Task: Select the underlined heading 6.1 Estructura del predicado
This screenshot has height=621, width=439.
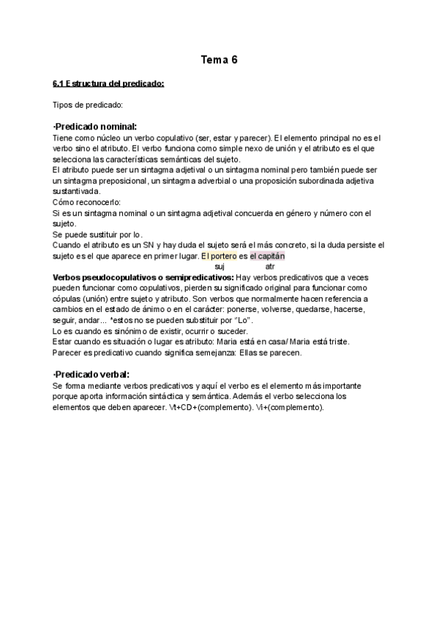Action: coord(108,83)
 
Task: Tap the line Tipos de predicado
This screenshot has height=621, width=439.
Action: coord(88,105)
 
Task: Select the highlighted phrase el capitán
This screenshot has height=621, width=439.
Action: coord(266,256)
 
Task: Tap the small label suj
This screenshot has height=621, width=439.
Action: coord(219,267)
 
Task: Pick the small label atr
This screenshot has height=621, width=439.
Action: coord(270,267)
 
